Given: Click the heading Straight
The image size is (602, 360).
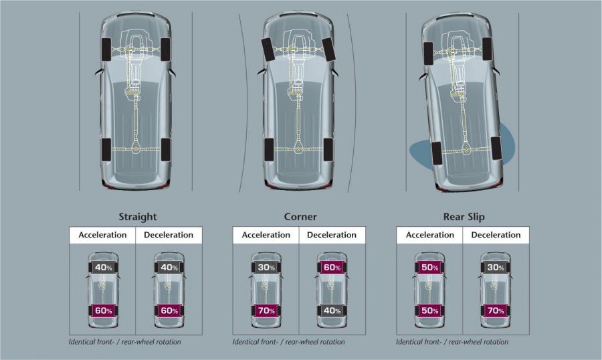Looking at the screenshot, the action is point(137,217).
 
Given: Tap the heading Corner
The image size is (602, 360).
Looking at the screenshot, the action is point(300,217).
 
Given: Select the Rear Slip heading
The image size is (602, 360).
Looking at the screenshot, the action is point(464,217).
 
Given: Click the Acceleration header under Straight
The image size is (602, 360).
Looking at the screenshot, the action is point(102,235).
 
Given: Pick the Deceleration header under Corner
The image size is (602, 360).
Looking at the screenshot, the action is point(332,235).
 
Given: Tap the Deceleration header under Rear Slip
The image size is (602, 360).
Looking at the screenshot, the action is point(496,235).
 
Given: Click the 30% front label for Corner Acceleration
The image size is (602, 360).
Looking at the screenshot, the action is point(266,268).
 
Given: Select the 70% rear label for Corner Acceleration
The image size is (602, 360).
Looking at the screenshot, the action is point(266,310).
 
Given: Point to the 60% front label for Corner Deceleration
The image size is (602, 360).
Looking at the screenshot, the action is point(332,268).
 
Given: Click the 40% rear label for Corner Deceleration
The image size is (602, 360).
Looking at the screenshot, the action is point(332,310).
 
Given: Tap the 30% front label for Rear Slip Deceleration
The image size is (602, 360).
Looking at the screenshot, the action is point(496,268).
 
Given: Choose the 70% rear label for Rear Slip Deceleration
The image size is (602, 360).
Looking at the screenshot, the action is point(496,310).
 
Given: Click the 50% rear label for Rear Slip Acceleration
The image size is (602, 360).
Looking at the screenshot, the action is point(430,310).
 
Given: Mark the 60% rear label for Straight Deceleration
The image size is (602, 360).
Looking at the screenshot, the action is point(169,310).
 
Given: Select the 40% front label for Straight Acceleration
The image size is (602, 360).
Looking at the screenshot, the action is point(104,268).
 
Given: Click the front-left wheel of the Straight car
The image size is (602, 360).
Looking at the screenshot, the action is point(106,49).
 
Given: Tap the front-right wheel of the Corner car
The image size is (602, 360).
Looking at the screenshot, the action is point(329,49).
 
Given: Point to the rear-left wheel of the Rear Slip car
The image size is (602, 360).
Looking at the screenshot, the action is point(436,153).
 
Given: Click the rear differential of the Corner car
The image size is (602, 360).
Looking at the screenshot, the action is point(299,149).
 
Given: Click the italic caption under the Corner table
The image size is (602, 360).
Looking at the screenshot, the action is point(288,341).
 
